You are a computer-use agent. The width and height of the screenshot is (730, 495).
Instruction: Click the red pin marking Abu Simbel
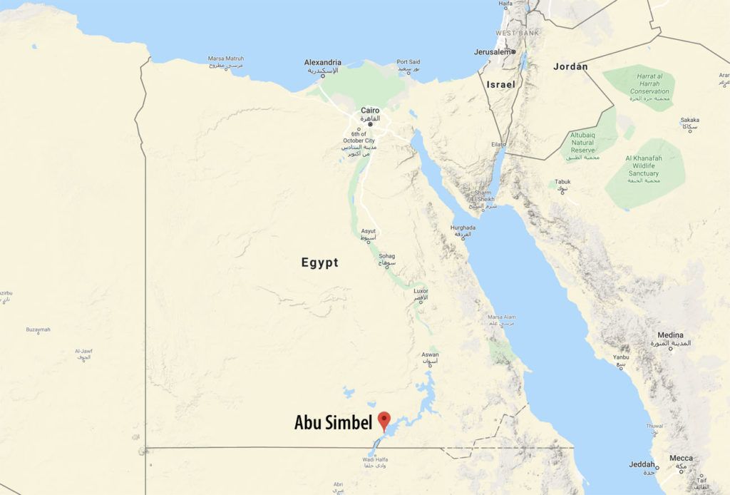384,419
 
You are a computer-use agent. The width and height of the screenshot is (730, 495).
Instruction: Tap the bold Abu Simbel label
333,423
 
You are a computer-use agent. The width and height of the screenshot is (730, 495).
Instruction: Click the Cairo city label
370,111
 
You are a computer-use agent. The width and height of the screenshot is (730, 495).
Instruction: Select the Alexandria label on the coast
322,63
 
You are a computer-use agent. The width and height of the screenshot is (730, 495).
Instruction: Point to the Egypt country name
319,262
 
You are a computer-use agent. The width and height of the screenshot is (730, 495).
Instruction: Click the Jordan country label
570,66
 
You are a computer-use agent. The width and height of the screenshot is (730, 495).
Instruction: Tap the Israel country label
500,84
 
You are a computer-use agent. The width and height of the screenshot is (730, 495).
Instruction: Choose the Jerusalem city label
493,52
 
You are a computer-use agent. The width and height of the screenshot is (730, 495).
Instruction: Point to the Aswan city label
430,354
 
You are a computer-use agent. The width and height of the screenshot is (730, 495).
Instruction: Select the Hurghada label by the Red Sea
463,228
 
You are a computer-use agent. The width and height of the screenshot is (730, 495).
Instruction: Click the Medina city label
670,335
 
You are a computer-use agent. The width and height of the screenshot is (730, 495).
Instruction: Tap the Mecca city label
680,459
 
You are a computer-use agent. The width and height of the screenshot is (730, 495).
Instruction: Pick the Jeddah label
642,464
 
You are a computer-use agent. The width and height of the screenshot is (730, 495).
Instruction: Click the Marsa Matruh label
225,58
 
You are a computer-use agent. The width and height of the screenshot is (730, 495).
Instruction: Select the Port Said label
408,62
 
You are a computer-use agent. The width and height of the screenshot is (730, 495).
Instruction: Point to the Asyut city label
368,231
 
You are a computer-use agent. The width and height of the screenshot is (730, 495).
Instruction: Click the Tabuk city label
562,182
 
